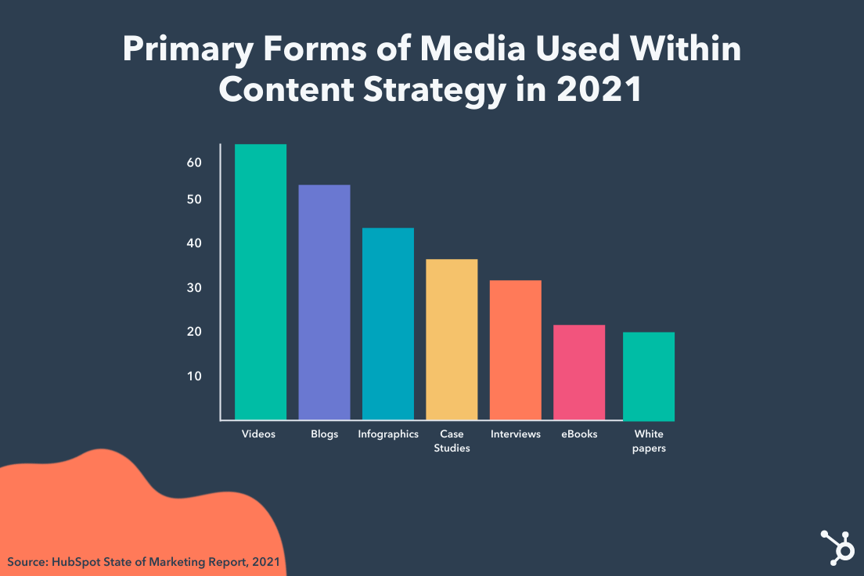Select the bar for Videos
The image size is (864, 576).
tap(261, 282)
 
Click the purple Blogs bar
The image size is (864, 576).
tap(324, 302)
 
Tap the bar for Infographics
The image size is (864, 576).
tap(388, 324)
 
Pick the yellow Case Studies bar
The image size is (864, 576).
tap(452, 340)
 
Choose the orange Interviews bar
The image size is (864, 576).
tap(515, 350)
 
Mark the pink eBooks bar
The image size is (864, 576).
tap(579, 373)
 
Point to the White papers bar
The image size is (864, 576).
tap(649, 376)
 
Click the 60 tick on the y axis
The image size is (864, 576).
tap(194, 162)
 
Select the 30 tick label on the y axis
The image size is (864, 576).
tap(194, 288)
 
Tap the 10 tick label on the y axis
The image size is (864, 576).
tap(194, 376)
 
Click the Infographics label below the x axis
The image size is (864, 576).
tap(388, 434)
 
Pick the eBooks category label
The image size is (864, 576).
tap(579, 434)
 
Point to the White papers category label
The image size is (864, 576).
tap(649, 441)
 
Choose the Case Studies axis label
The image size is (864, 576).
tap(452, 441)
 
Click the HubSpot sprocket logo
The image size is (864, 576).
tap(837, 546)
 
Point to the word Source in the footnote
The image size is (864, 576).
tap(28, 561)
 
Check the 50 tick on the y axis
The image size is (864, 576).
tap(194, 200)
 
